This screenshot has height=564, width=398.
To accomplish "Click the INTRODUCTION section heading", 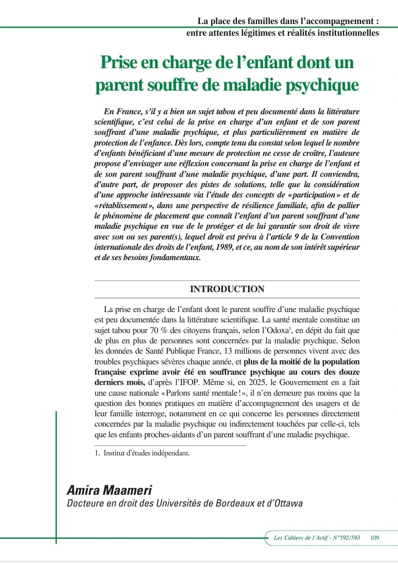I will click(x=227, y=289).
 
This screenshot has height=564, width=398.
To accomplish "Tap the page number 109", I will click(x=374, y=537).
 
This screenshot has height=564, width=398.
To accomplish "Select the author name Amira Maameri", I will click(x=109, y=490).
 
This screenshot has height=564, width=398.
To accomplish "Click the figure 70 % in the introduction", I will click(x=159, y=330).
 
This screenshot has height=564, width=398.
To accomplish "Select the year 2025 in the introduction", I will click(x=258, y=382).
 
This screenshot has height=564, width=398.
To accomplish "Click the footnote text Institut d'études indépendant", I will click(x=146, y=453).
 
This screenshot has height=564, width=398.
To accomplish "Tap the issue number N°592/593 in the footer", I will click(x=346, y=537).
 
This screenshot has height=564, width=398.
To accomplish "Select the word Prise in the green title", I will click(x=119, y=62).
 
